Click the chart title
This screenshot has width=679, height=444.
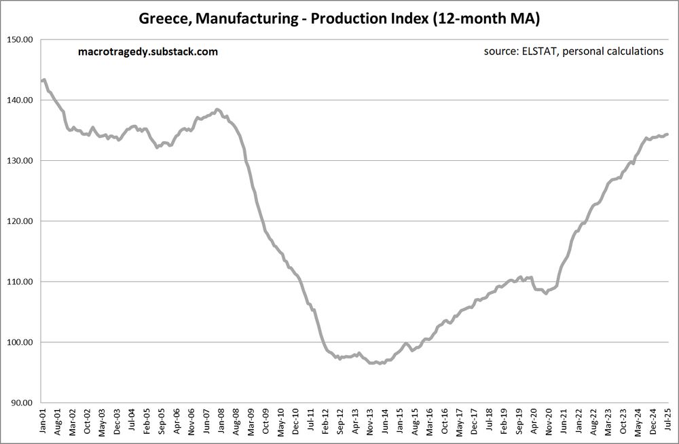pyautogui.click(x=339, y=19)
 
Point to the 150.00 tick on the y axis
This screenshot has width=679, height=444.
pyautogui.click(x=20, y=39)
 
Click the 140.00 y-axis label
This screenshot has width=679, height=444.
pyautogui.click(x=20, y=100)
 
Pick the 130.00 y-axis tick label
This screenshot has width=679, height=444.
pyautogui.click(x=20, y=160)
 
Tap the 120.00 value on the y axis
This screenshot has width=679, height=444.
pyautogui.click(x=20, y=221)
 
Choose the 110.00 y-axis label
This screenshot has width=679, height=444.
pyautogui.click(x=20, y=281)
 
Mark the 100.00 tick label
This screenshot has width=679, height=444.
pyautogui.click(x=20, y=342)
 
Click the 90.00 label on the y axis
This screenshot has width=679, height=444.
pyautogui.click(x=22, y=403)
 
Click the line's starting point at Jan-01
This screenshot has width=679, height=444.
pyautogui.click(x=42, y=81)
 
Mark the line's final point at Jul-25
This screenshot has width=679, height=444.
pyautogui.click(x=667, y=134)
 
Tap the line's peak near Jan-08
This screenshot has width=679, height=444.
pyautogui.click(x=217, y=109)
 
